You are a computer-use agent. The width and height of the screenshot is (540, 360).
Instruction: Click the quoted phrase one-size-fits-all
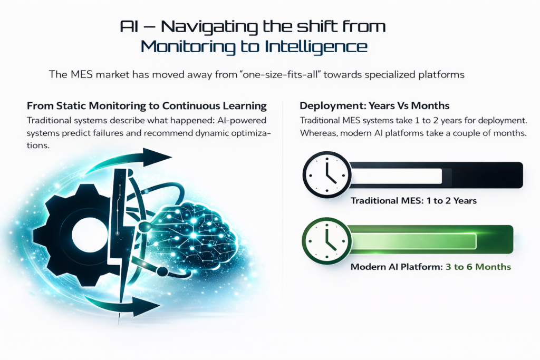point(279,74)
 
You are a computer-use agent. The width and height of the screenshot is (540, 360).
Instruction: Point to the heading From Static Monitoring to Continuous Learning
point(147,105)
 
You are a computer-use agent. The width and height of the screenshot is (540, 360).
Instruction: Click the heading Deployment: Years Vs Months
point(374,105)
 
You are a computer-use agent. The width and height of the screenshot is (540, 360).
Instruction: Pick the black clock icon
point(326,174)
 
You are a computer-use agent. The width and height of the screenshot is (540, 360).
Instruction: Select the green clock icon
point(326,240)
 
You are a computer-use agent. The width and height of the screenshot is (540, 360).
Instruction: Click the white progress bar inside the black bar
point(397,176)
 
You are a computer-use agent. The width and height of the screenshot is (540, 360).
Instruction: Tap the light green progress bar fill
point(413,241)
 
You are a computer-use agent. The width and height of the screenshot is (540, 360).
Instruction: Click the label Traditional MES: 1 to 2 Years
point(413,201)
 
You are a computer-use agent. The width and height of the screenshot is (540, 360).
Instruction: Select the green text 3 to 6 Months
point(478,267)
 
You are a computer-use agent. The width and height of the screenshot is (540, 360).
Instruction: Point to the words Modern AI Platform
point(397,267)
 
